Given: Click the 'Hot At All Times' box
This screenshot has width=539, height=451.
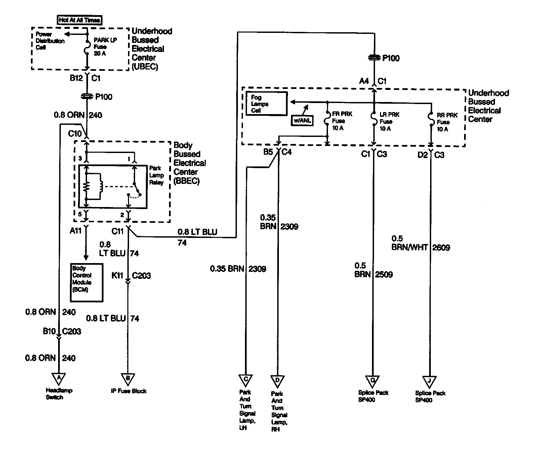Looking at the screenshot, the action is (79, 20).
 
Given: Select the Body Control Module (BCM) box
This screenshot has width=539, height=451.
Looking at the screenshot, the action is (87, 283).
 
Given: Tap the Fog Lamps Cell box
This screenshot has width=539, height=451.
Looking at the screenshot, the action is (266, 104).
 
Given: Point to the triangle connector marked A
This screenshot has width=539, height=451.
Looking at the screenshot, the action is (59, 379).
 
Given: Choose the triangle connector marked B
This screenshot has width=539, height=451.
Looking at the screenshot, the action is (128, 379).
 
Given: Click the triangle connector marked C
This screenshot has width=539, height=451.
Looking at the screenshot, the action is (246, 381).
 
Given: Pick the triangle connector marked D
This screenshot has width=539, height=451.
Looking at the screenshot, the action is (278, 381).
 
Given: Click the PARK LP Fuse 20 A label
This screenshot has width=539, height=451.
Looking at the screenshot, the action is (105, 47).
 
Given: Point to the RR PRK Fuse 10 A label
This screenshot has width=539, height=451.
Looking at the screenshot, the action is (447, 122).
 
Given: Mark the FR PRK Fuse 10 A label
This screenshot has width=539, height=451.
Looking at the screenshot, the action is (342, 121).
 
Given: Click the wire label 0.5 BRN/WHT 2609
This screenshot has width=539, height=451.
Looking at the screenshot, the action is (421, 243).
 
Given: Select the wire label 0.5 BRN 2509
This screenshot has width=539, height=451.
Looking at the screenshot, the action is (374, 270).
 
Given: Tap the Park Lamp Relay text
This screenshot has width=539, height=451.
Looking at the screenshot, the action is (156, 175).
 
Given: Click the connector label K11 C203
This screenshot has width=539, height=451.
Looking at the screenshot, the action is (131, 276).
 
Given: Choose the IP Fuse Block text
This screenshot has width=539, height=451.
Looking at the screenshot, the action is (129, 391).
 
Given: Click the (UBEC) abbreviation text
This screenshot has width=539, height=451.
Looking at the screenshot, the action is (145, 66).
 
